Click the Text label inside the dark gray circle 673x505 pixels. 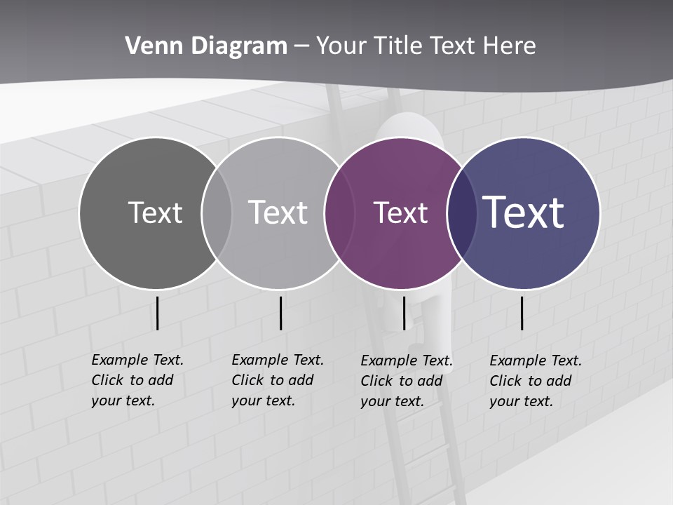click(x=155, y=213)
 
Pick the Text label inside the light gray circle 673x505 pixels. click(x=278, y=213)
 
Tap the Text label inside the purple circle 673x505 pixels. click(x=400, y=213)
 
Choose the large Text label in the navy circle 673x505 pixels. click(x=524, y=213)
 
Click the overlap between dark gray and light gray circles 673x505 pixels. click(x=217, y=213)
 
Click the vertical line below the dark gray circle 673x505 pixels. click(x=158, y=313)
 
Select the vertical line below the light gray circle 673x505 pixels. click(x=280, y=313)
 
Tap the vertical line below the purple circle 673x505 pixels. click(x=404, y=313)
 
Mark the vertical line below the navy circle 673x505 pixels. click(x=522, y=313)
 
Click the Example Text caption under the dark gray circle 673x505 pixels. click(x=137, y=380)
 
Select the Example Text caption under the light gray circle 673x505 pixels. click(x=277, y=380)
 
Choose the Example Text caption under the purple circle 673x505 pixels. click(x=406, y=381)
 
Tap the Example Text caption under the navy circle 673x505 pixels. click(x=535, y=381)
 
